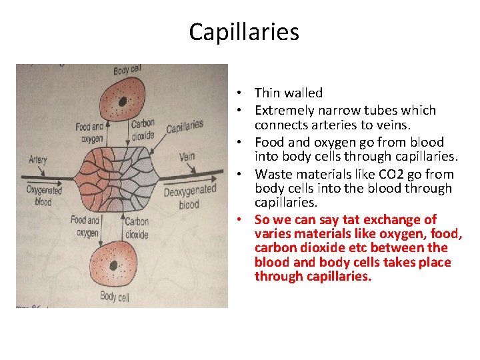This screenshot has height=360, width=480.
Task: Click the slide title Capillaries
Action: coord(244,32)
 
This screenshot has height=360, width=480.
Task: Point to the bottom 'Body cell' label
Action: coord(114,297)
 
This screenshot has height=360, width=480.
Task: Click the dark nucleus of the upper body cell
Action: coord(123,101)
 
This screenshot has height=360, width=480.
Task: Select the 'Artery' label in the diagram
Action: coord(38,160)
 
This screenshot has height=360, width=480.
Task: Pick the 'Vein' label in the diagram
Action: coord(187,158)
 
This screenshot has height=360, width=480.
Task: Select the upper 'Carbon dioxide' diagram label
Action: coord(143,129)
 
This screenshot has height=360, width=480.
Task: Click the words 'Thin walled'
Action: coord(288,93)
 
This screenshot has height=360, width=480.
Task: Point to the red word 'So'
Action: coord(262,220)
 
